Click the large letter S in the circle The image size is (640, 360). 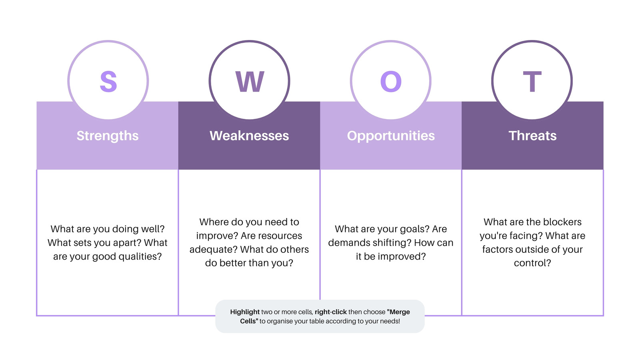tap(108, 82)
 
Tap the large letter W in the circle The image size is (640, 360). tap(250, 82)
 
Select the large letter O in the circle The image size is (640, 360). tap(391, 82)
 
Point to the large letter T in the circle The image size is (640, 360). tap(532, 82)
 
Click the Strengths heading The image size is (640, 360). tap(108, 136)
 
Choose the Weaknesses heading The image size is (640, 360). tap(249, 136)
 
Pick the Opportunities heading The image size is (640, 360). tap(391, 136)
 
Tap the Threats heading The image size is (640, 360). tap(532, 136)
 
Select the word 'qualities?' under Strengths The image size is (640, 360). tap(140, 256)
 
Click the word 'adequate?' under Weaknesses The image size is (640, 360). tap(213, 250)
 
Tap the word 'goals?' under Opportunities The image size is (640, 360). tap(414, 229)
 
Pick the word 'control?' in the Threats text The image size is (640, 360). tap(532, 263)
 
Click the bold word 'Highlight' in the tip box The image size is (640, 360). tap(245, 312)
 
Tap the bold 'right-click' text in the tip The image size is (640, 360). tap(331, 312)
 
